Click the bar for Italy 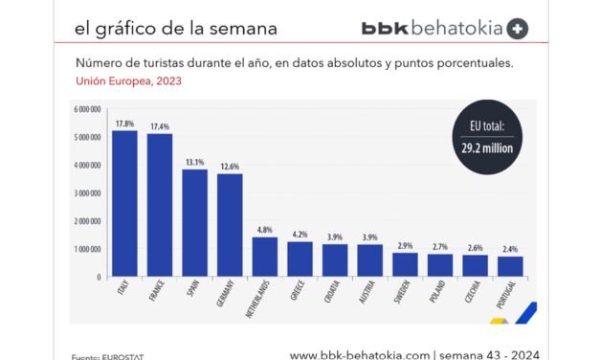pyautogui.click(x=124, y=204)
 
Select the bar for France pyautogui.click(x=160, y=206)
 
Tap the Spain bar pyautogui.click(x=195, y=223)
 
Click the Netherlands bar pyautogui.click(x=265, y=257)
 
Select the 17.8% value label pyautogui.click(x=125, y=124)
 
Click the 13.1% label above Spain pyautogui.click(x=195, y=162)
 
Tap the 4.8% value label pyautogui.click(x=265, y=230)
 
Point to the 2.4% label pyautogui.click(x=511, y=249)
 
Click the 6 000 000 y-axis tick pyautogui.click(x=87, y=109)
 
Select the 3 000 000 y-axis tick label pyautogui.click(x=87, y=193)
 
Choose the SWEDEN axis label pyautogui.click(x=403, y=294)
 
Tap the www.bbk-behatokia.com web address pyautogui.click(x=360, y=353)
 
